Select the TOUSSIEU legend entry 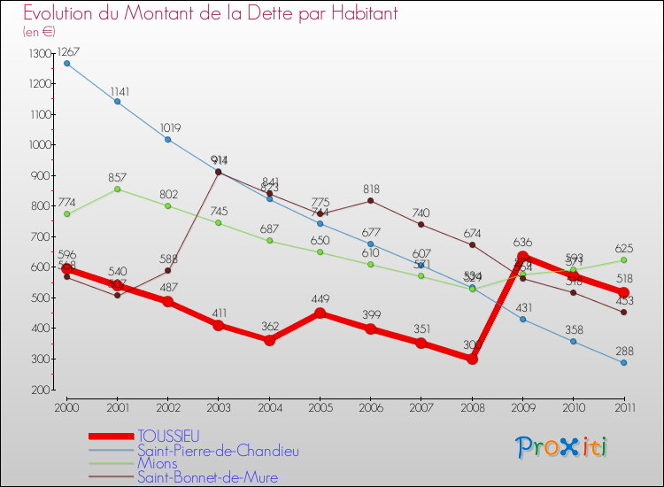point(168,436)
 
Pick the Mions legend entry point(157,463)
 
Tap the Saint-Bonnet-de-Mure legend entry point(207,477)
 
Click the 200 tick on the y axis point(41,390)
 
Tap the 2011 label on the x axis point(623,406)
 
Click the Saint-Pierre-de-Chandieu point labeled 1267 point(66,63)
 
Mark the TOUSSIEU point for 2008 point(472,359)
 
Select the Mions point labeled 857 point(117,189)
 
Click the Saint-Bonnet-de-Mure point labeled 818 point(371,200)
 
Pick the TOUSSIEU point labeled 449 point(320,313)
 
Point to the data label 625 point(625,248)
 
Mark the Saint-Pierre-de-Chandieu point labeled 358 point(573,341)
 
